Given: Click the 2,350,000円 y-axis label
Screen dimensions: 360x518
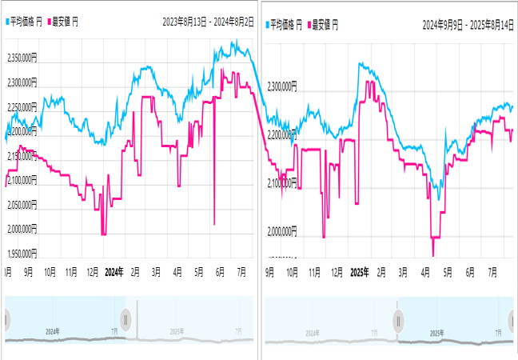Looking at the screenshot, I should tap(22, 58).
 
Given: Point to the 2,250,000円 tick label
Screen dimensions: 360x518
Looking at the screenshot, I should tap(22, 107).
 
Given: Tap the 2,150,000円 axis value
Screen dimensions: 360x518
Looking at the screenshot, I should tap(22, 156).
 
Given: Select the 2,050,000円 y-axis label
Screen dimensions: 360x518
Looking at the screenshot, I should tap(22, 205).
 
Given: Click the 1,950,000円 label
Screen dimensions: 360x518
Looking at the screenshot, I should tap(22, 254).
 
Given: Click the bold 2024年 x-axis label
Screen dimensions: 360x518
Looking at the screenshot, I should tap(114, 272).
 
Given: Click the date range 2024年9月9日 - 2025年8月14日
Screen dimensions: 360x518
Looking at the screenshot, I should tap(468, 25).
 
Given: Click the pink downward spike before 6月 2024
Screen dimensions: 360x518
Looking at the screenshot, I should tap(215, 223).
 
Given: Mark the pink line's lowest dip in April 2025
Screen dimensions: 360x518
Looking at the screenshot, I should tap(433, 254).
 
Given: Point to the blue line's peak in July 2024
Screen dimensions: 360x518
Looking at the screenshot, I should tap(235, 42).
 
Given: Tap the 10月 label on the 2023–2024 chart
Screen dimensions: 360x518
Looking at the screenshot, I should tap(50, 272).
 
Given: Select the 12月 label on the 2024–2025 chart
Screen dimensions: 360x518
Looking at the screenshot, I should tap(337, 272).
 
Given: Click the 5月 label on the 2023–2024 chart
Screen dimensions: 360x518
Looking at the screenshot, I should tap(199, 272).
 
